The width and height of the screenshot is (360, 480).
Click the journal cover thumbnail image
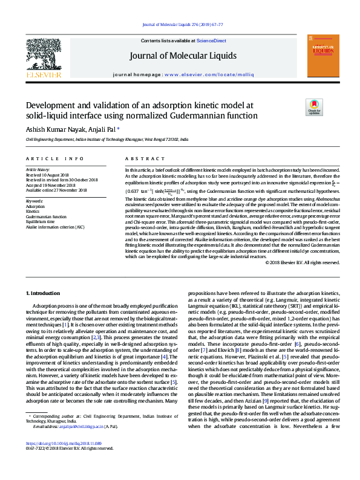point(321,55)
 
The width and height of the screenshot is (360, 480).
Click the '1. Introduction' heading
point(44,293)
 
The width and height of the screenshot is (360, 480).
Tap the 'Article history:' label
point(38,170)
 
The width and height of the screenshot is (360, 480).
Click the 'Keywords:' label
point(34,201)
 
